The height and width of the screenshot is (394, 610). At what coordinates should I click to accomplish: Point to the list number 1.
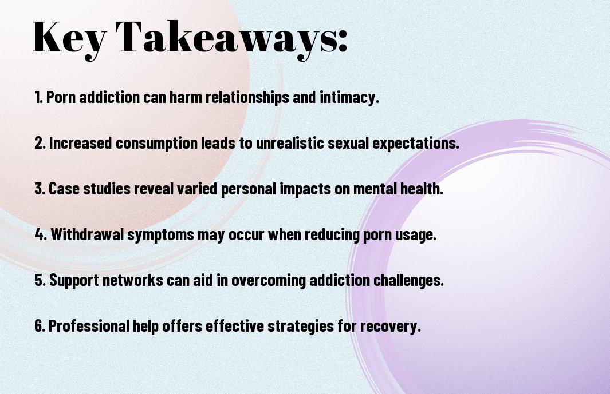point(38,98)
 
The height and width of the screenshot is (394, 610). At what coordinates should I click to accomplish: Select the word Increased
point(80,144)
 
